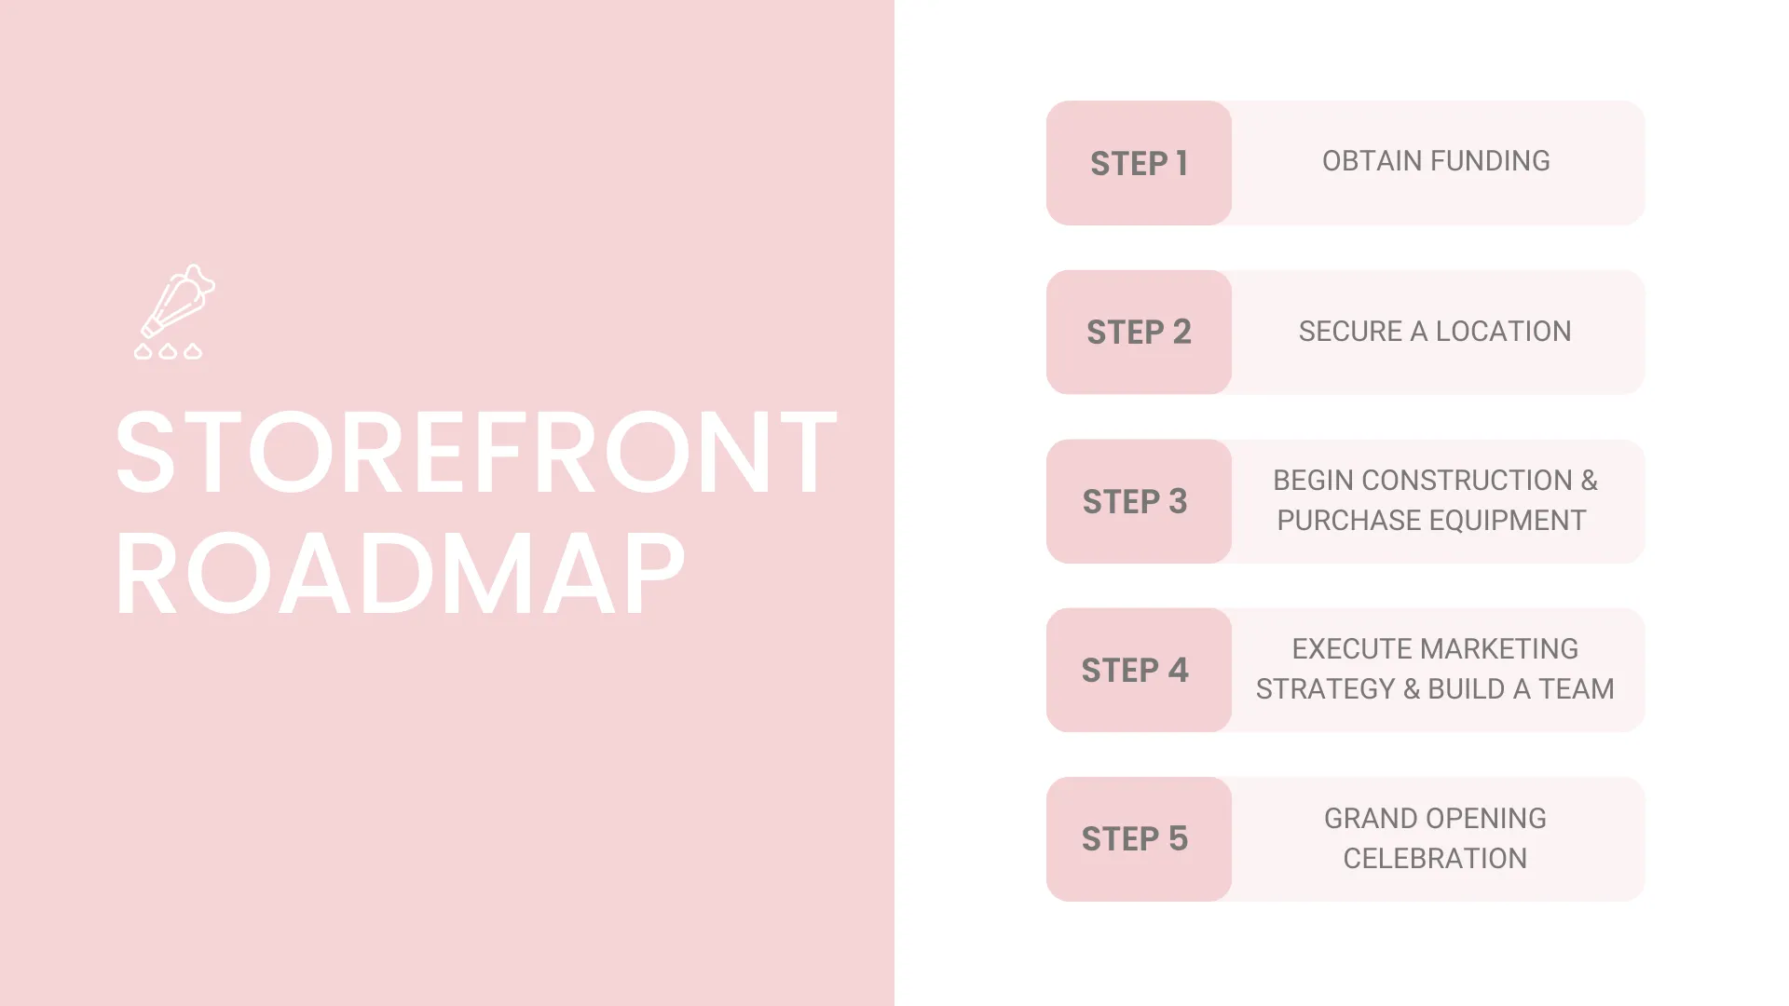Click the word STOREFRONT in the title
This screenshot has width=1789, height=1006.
click(476, 453)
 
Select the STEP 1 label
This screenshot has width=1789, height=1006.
click(1139, 164)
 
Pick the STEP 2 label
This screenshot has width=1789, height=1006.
click(1139, 333)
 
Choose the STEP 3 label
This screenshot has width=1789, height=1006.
click(1135, 502)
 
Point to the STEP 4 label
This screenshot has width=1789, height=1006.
click(1135, 671)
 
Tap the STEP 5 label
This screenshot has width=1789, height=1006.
click(1135, 839)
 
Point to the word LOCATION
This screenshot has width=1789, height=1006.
click(1503, 332)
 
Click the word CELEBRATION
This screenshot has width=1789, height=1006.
click(1435, 859)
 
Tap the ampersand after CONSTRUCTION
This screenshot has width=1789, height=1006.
click(1590, 481)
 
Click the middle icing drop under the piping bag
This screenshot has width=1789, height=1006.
click(168, 351)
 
